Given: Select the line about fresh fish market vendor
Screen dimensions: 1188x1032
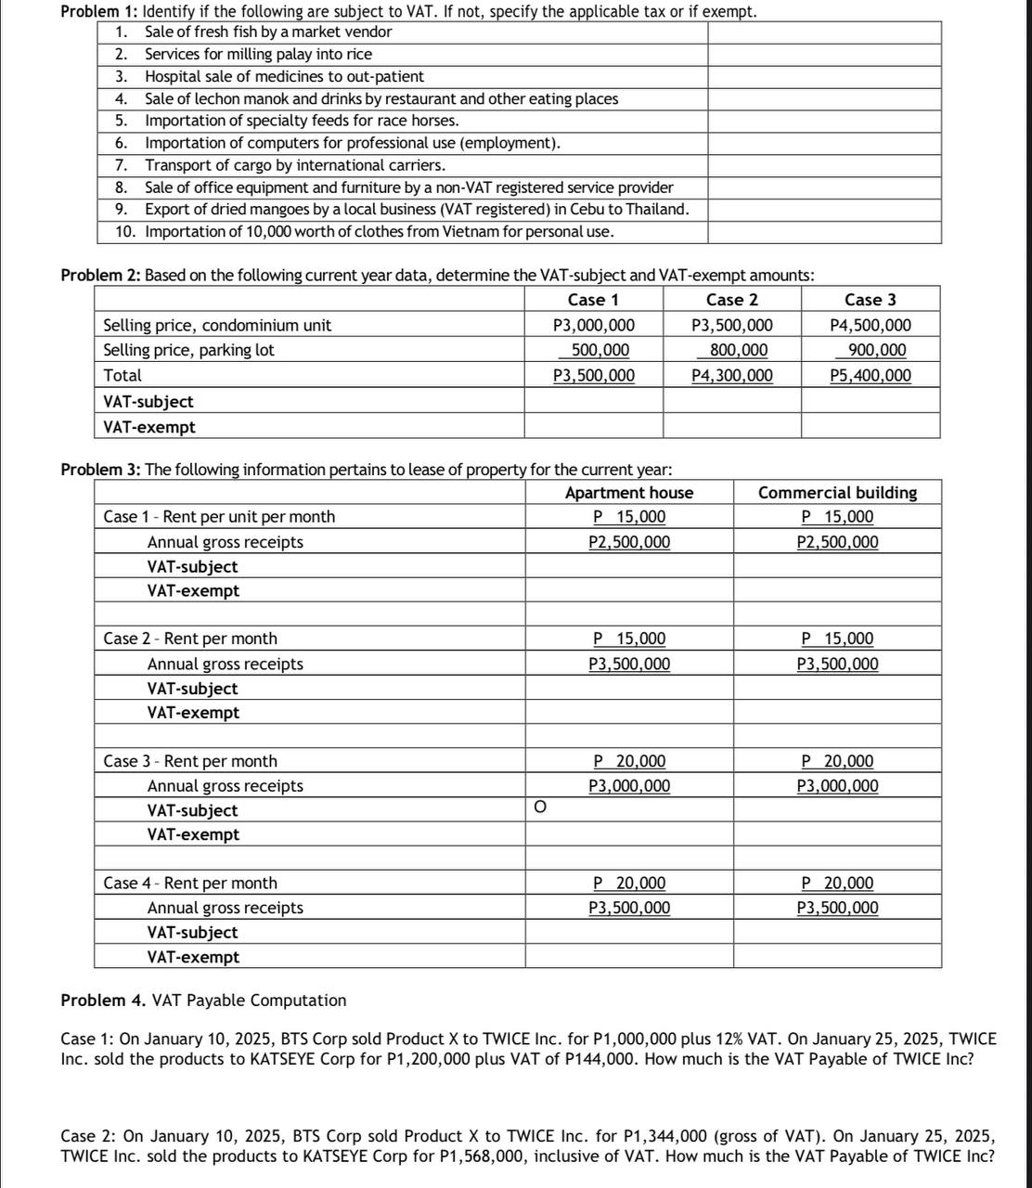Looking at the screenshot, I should pyautogui.click(x=268, y=32).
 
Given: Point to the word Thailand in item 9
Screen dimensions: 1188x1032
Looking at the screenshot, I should pyautogui.click(x=655, y=209).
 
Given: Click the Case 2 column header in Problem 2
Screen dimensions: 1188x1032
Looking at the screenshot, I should pyautogui.click(x=731, y=300).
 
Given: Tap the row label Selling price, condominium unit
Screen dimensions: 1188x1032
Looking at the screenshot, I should pyautogui.click(x=217, y=326).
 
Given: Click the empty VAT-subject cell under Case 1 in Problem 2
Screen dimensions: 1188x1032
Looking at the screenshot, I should pyautogui.click(x=592, y=401).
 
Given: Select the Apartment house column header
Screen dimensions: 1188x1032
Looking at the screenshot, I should pyautogui.click(x=628, y=493).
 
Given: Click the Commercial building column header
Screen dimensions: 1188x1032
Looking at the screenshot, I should pyautogui.click(x=837, y=493).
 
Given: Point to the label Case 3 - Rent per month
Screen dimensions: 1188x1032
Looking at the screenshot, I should pyautogui.click(x=190, y=761).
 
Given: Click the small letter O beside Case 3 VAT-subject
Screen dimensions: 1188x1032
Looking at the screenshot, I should pyautogui.click(x=539, y=808).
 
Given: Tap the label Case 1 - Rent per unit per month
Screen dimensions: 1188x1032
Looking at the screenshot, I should pyautogui.click(x=219, y=517).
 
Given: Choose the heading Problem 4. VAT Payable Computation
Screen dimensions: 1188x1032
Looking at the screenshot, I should pyautogui.click(x=203, y=1001).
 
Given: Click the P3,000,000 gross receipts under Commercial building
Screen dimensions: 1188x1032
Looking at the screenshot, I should pyautogui.click(x=837, y=786).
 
